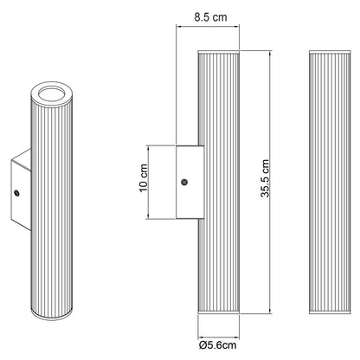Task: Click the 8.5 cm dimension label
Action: [x=210, y=17]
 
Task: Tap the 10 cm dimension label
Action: [x=144, y=178]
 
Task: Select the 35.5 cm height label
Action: [x=265, y=178]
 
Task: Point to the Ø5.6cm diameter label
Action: [x=218, y=345]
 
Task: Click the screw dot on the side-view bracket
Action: [x=183, y=182]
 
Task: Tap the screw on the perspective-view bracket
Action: [x=17, y=193]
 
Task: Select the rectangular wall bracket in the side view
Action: [x=190, y=182]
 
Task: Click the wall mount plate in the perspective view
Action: [x=21, y=190]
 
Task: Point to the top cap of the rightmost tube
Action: [x=330, y=52]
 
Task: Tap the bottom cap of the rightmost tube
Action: [x=330, y=312]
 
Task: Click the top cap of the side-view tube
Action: [x=219, y=52]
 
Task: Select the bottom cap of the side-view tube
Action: [x=219, y=312]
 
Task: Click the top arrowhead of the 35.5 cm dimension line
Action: [x=270, y=53]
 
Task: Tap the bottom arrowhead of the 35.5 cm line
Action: [x=270, y=312]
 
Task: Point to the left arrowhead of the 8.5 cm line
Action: [x=179, y=27]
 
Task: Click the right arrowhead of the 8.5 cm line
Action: [x=236, y=27]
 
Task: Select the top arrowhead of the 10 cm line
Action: [x=148, y=148]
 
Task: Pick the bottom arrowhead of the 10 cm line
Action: [x=148, y=216]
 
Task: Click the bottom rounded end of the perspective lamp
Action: [x=52, y=314]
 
